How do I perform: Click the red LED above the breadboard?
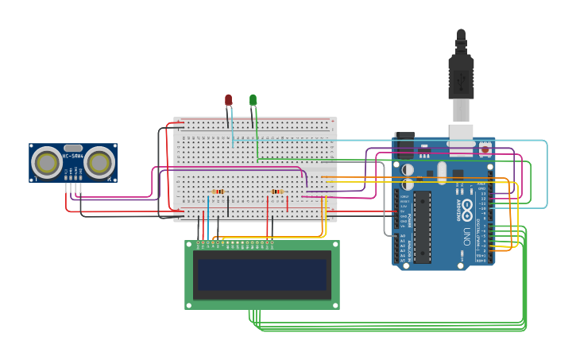(228, 100)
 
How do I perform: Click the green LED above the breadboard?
(253, 100)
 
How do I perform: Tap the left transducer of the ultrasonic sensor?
(46, 163)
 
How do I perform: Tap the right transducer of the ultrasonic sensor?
(99, 163)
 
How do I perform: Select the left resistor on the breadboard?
(218, 192)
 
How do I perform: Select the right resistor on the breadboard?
(276, 192)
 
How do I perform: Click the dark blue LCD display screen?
(262, 274)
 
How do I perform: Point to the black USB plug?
(461, 75)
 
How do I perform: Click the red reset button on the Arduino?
(485, 149)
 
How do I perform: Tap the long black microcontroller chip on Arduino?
(422, 226)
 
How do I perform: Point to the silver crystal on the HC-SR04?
(73, 148)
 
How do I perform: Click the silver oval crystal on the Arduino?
(442, 172)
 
